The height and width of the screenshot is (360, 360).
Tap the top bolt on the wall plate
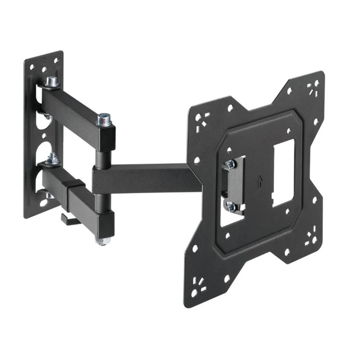coord(51,82)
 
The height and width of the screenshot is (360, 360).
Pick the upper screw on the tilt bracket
coord(230,165)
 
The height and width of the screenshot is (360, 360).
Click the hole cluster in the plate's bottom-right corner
coord(311,238)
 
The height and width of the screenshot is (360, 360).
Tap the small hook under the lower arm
coord(68,219)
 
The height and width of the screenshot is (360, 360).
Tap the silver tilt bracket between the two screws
coord(235,185)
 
